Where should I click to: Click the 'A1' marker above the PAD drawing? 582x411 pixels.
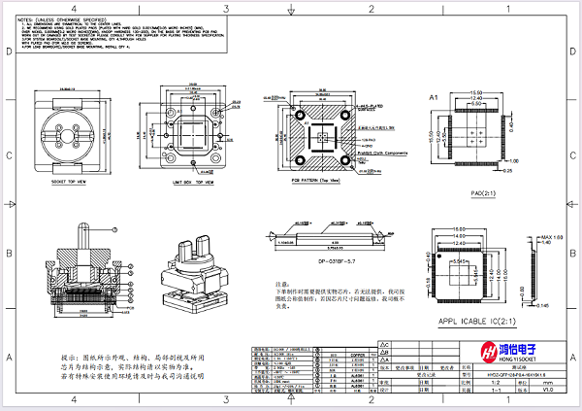(435, 98)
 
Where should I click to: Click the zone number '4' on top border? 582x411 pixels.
(74, 6)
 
